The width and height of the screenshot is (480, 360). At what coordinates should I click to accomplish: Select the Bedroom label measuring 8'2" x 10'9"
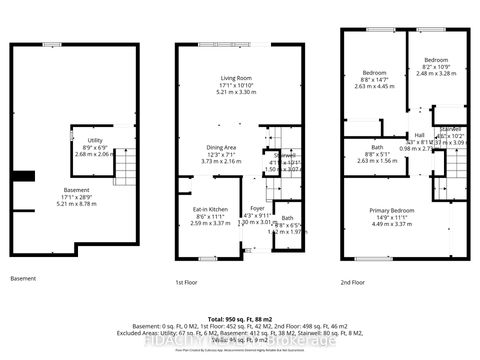(437, 59)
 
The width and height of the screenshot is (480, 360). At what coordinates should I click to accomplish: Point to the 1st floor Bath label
(287, 218)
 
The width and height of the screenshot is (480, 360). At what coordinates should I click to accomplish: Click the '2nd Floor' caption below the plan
(352, 281)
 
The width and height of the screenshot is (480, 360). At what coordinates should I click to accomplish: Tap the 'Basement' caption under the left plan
(24, 278)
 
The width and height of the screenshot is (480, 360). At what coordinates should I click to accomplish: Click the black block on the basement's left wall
(19, 178)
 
